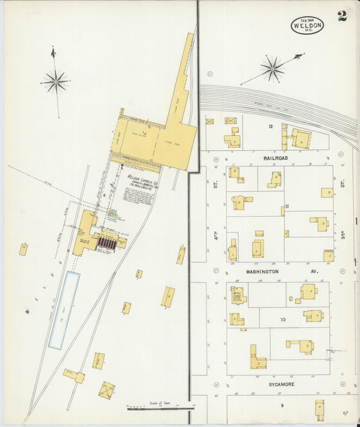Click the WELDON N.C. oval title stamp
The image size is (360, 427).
coord(307,26)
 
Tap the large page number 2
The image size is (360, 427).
coord(342,16)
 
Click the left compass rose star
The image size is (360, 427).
coord(55,82)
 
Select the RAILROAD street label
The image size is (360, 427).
coord(276,157)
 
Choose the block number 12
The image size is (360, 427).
coord(269,126)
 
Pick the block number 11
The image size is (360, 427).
coord(286,206)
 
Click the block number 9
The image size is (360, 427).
coord(282,405)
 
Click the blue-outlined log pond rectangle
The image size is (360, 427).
coord(63,310)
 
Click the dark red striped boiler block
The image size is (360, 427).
coord(107,242)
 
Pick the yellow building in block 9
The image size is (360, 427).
coord(319,409)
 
